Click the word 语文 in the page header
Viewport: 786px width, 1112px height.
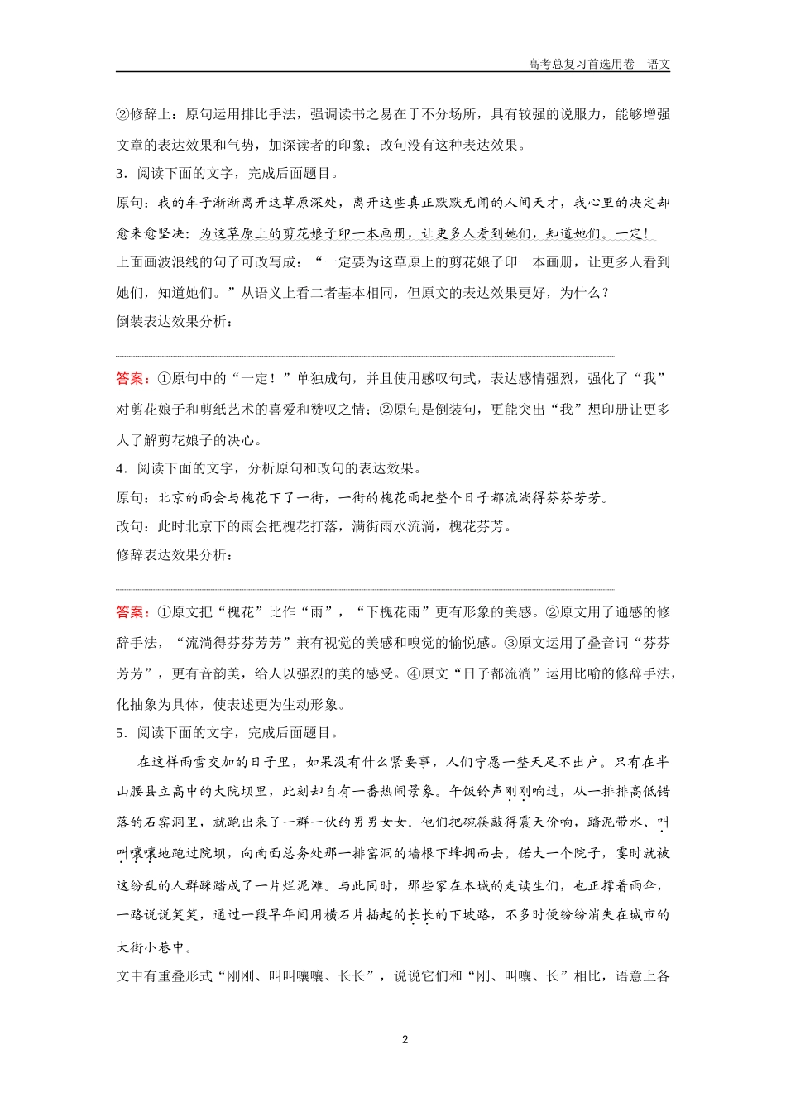(659, 64)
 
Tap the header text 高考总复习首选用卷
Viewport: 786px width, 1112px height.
(581, 64)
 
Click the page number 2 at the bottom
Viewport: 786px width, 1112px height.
(405, 1040)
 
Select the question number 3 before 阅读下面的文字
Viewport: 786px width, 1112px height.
(120, 174)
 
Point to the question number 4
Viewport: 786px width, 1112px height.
(120, 468)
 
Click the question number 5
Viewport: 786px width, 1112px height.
(120, 733)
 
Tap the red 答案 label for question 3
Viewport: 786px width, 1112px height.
(132, 379)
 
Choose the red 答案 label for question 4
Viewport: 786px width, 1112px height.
(132, 612)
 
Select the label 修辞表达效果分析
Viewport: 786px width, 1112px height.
(174, 554)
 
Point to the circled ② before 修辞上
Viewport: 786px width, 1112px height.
(122, 114)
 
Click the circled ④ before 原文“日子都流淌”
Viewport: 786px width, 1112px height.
(415, 673)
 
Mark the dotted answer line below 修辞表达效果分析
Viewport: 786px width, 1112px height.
(364, 589)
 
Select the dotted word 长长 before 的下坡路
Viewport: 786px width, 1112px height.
(420, 915)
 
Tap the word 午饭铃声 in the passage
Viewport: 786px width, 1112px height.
(474, 792)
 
